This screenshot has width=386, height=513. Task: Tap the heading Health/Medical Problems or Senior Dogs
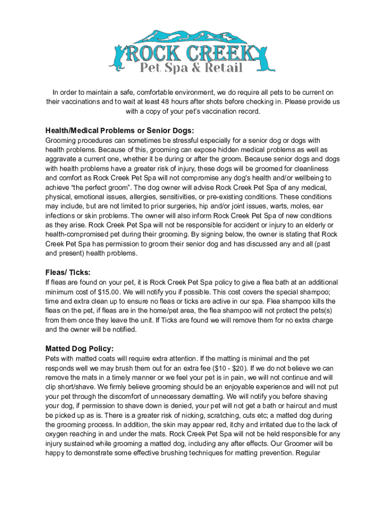(x=119, y=131)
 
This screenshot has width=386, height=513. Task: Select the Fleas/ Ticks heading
(x=68, y=272)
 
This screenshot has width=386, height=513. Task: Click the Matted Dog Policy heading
(x=80, y=348)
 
